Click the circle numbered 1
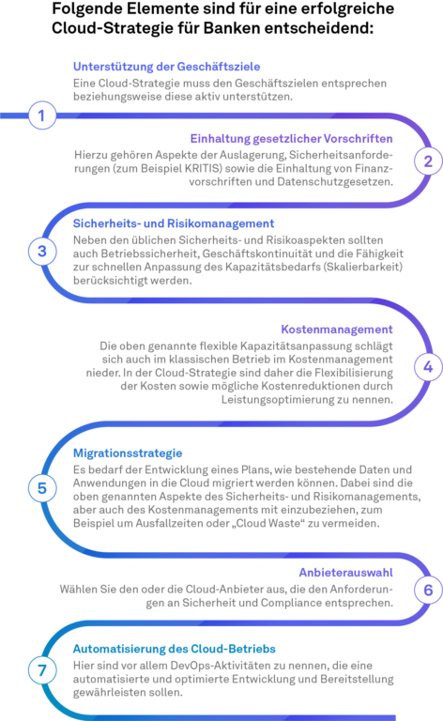tap(42, 116)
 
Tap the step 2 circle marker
tap(427, 161)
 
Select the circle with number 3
tap(42, 252)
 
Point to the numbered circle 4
tap(427, 367)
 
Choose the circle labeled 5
tap(42, 488)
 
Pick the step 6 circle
tap(427, 591)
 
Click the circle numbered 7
tap(42, 670)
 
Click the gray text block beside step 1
tap(246, 95)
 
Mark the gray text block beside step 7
tap(246, 680)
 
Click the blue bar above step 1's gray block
tap(246, 69)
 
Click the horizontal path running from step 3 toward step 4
tap(235, 299)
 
